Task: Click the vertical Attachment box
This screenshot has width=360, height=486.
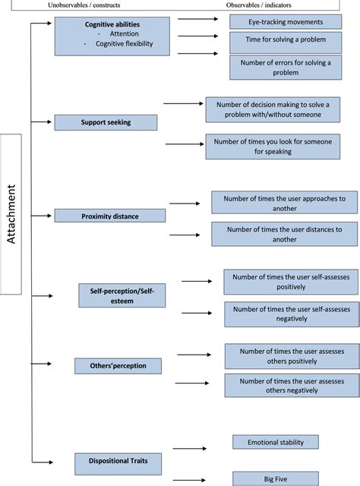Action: tap(21, 215)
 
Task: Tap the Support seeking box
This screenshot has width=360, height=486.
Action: tap(106, 121)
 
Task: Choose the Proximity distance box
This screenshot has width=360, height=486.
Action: tap(109, 216)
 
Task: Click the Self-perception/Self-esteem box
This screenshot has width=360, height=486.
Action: tap(122, 294)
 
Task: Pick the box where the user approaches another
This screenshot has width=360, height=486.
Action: tap(283, 203)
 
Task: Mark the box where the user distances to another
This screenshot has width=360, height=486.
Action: tap(283, 234)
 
